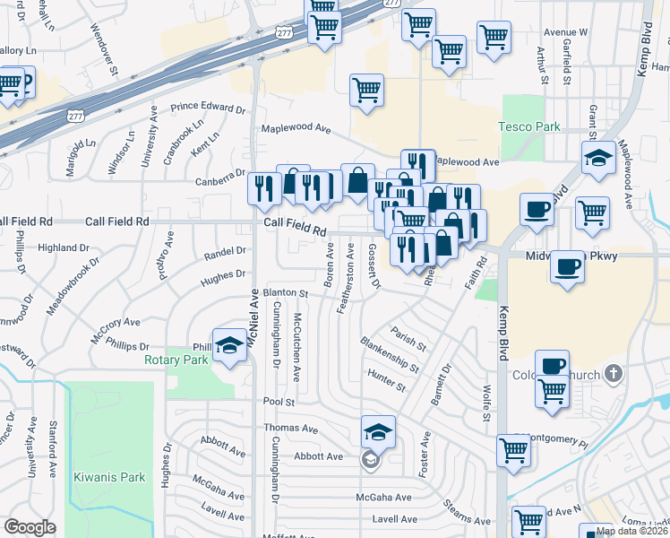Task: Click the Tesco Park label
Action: pos(529,126)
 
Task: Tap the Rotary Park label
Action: pos(176,360)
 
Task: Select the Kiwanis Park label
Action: pos(109,477)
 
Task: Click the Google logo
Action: pos(30,527)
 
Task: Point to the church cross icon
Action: pos(614,372)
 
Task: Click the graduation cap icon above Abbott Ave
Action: pos(378,433)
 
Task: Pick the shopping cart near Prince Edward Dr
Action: pos(366,90)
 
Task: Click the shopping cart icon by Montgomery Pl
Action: pos(513,450)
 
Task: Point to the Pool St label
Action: pos(278,402)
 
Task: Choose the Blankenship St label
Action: pos(389,355)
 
